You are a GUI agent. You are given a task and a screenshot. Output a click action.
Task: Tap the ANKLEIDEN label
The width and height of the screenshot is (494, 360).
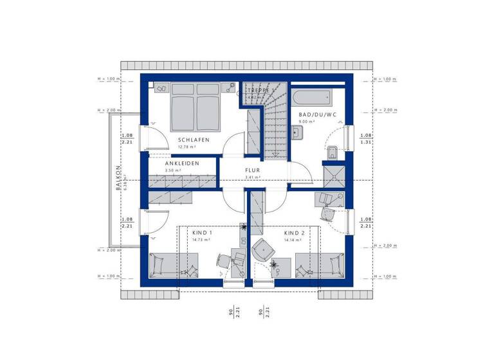click(x=181, y=163)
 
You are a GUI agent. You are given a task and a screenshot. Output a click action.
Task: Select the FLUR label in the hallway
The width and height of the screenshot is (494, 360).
click(x=252, y=171)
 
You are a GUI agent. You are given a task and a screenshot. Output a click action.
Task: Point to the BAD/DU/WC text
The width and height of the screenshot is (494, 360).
click(x=318, y=114)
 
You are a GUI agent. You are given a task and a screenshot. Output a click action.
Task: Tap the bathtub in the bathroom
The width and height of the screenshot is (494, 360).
click(x=312, y=98)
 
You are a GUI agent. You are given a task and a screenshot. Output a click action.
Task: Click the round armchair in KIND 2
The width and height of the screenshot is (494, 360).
click(x=262, y=249)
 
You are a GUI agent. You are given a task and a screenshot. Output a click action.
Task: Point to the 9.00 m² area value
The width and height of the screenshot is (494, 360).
click(x=306, y=122)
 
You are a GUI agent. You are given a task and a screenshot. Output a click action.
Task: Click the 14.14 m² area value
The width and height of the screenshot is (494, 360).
click(x=293, y=240)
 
